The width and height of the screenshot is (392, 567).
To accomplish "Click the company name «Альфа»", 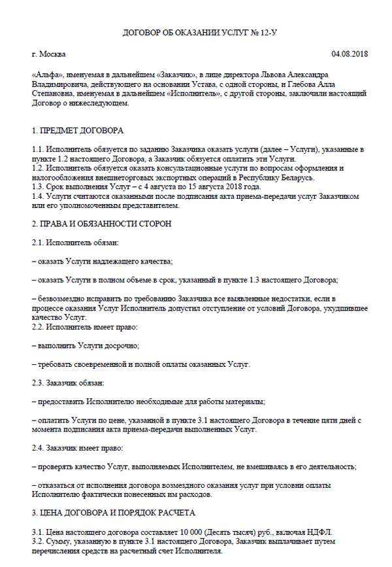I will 47,75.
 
